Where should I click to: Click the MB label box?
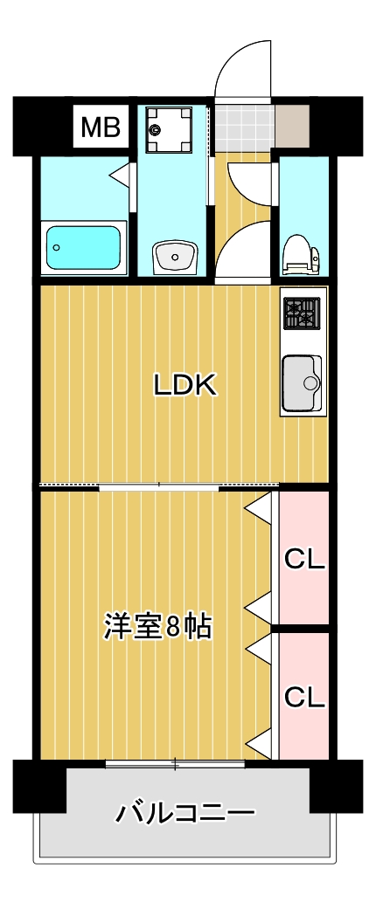101,128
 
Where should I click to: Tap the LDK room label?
185,384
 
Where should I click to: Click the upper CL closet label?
304,560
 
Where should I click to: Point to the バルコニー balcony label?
186,814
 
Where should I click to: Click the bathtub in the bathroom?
83,248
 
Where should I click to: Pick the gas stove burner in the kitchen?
302,313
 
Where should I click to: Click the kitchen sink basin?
302,382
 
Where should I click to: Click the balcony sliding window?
175,765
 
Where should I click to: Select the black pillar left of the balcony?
39,786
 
